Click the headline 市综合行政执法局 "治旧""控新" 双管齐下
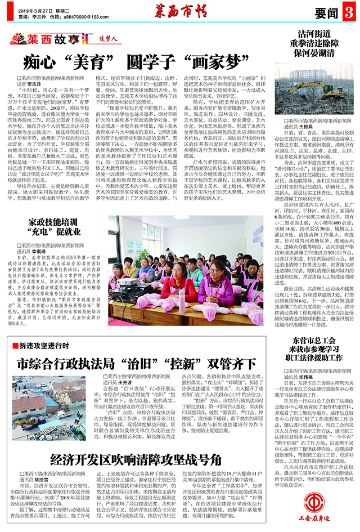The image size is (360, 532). (x=138, y=363)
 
